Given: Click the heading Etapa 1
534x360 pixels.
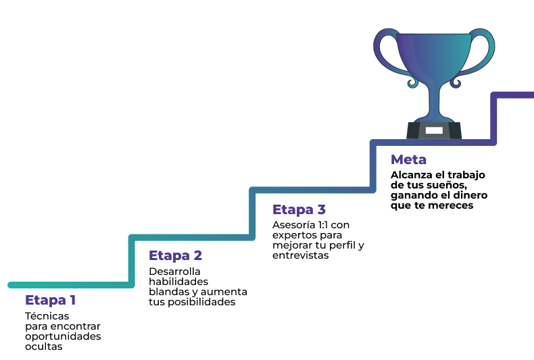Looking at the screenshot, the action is tap(51, 300).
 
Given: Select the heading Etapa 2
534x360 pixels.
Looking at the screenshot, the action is tap(175, 255).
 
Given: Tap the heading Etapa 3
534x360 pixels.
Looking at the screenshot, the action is tap(299, 209).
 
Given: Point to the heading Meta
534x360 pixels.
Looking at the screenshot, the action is tap(408, 159).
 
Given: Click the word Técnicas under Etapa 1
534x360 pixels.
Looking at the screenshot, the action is tap(47, 316).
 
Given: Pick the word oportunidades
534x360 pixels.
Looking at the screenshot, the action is tap(63, 336).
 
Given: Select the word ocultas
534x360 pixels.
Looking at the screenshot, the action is tap(43, 346).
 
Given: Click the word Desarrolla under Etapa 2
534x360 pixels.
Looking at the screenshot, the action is tap(174, 272).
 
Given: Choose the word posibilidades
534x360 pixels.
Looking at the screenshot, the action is tap(201, 302).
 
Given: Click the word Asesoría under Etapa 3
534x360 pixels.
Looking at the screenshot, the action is tap(293, 225).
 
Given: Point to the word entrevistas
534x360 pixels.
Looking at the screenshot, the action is tap(300, 255).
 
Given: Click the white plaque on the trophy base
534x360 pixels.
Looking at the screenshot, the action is tap(434, 130).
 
